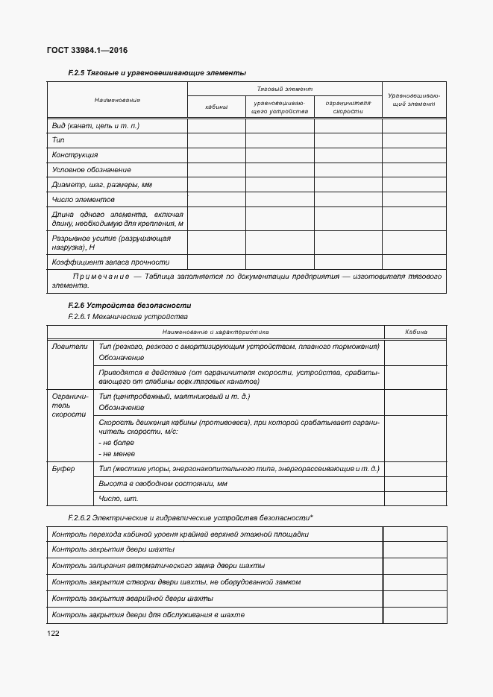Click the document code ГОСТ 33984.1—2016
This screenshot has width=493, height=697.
[x=87, y=50]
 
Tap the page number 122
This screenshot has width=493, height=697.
[x=53, y=633]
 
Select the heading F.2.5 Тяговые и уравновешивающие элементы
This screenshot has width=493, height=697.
[x=157, y=72]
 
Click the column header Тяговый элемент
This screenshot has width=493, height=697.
[x=284, y=88]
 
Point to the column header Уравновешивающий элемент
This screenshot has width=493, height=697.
[x=414, y=101]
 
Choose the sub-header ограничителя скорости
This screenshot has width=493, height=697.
[x=348, y=107]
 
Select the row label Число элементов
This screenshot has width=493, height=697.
[x=84, y=200]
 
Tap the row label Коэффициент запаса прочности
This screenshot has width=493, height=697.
[x=110, y=262]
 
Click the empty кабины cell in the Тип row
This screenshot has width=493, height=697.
[x=216, y=140]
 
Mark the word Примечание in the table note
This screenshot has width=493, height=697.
[x=95, y=276]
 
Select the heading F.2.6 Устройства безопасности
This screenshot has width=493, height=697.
[x=129, y=305]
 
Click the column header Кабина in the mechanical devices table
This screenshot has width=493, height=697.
[x=415, y=332]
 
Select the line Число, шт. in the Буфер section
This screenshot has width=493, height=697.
[x=119, y=499]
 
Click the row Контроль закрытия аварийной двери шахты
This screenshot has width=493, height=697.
[x=133, y=599]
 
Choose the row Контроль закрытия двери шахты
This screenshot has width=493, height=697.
[x=113, y=549]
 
